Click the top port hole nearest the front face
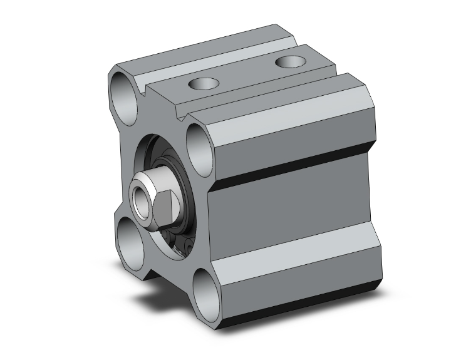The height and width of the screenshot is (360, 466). [x=203, y=83]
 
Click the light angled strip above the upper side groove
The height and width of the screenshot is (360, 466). [x=294, y=119]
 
